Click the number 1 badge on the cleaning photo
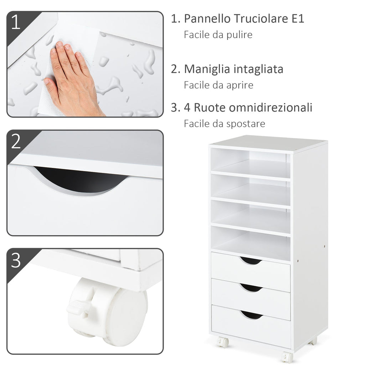[16, 22]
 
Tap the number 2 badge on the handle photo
[16, 142]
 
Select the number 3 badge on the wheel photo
[16, 261]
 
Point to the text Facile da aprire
[219, 85]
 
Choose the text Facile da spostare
[225, 124]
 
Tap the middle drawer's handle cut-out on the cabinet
[251, 287]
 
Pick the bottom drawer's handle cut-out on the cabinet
[251, 314]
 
